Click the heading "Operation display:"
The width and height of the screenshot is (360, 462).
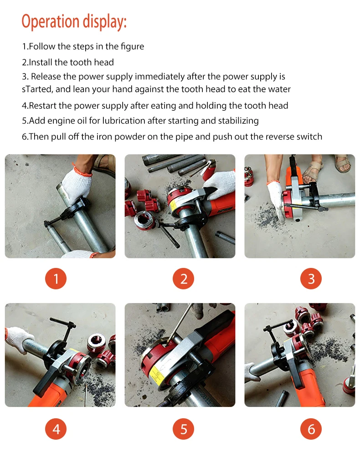74,22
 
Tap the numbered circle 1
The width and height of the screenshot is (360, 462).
56,279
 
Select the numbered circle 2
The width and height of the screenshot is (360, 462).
184,279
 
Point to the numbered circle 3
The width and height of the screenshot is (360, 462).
311,279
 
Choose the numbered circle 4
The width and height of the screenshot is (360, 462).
56,429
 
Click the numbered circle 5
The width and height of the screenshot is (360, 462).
184,429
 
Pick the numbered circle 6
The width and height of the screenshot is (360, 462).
311,429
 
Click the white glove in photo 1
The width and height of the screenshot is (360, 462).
77,183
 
